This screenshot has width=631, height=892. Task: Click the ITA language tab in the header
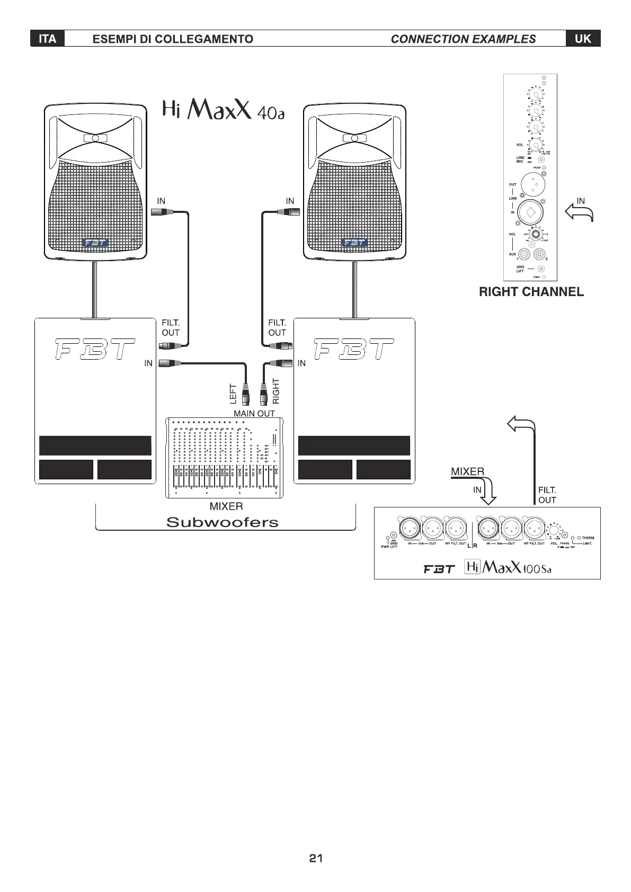(47, 39)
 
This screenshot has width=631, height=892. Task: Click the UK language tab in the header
(583, 39)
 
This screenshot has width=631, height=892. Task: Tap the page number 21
(316, 858)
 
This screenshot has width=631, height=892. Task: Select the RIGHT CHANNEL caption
(531, 292)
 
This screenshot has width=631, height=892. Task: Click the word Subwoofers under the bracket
(222, 522)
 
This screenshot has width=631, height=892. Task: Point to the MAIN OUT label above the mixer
(254, 413)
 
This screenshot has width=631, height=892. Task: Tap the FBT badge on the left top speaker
(95, 243)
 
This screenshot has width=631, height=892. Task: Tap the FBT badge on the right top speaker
(354, 243)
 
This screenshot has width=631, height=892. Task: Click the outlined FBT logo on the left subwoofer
(95, 350)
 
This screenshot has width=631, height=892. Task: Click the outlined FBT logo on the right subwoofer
(354, 350)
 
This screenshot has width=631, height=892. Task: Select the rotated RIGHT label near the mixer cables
(275, 391)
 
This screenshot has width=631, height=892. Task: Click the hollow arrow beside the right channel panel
(579, 213)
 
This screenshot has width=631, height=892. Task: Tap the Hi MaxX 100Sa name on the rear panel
(508, 568)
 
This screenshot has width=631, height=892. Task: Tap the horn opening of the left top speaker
(95, 138)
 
